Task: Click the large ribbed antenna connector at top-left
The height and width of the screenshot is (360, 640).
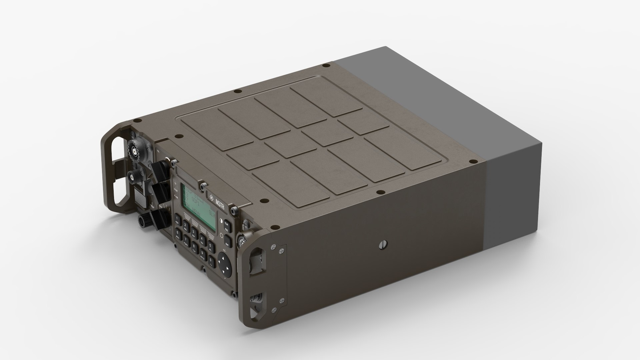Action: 134,152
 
